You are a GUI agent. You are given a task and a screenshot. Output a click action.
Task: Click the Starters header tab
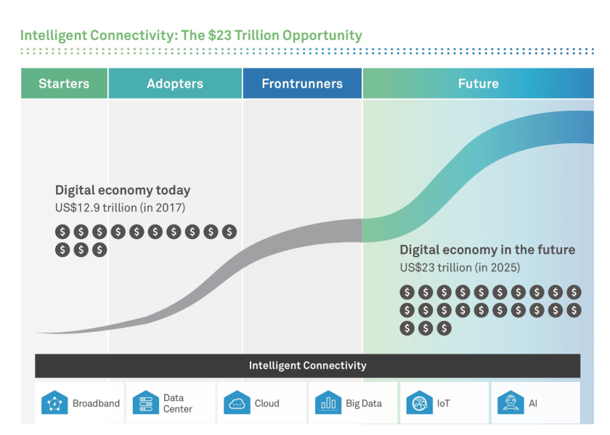click(64, 84)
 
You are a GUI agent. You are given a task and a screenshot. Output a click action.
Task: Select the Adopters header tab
click(175, 84)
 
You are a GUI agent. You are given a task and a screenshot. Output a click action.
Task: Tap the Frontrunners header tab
click(302, 84)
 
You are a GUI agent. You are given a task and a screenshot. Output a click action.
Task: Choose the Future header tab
click(478, 84)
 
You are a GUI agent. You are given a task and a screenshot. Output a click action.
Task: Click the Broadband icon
click(54, 403)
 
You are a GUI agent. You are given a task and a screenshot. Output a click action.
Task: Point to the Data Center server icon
click(146, 403)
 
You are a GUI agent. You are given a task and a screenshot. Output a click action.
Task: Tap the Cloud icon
click(237, 403)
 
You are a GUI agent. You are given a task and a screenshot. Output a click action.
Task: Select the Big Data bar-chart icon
click(328, 403)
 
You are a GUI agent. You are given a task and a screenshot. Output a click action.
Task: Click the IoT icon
click(420, 403)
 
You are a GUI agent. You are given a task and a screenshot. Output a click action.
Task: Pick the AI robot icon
click(511, 403)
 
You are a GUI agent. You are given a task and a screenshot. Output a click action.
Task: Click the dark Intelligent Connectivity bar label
click(308, 365)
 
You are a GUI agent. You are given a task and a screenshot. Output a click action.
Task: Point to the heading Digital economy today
click(123, 190)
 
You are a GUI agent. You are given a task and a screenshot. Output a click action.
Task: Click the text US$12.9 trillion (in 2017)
click(120, 208)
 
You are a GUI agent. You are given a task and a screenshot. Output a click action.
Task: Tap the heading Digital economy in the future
click(487, 250)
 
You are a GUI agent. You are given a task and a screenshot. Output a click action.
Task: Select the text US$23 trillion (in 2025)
click(460, 268)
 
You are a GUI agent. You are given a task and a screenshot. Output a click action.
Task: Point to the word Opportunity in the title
click(322, 36)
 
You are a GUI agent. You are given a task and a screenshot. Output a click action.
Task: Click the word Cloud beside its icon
click(267, 403)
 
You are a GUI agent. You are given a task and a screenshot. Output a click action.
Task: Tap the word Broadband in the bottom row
click(96, 403)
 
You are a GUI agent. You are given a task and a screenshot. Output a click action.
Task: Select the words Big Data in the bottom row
click(364, 404)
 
